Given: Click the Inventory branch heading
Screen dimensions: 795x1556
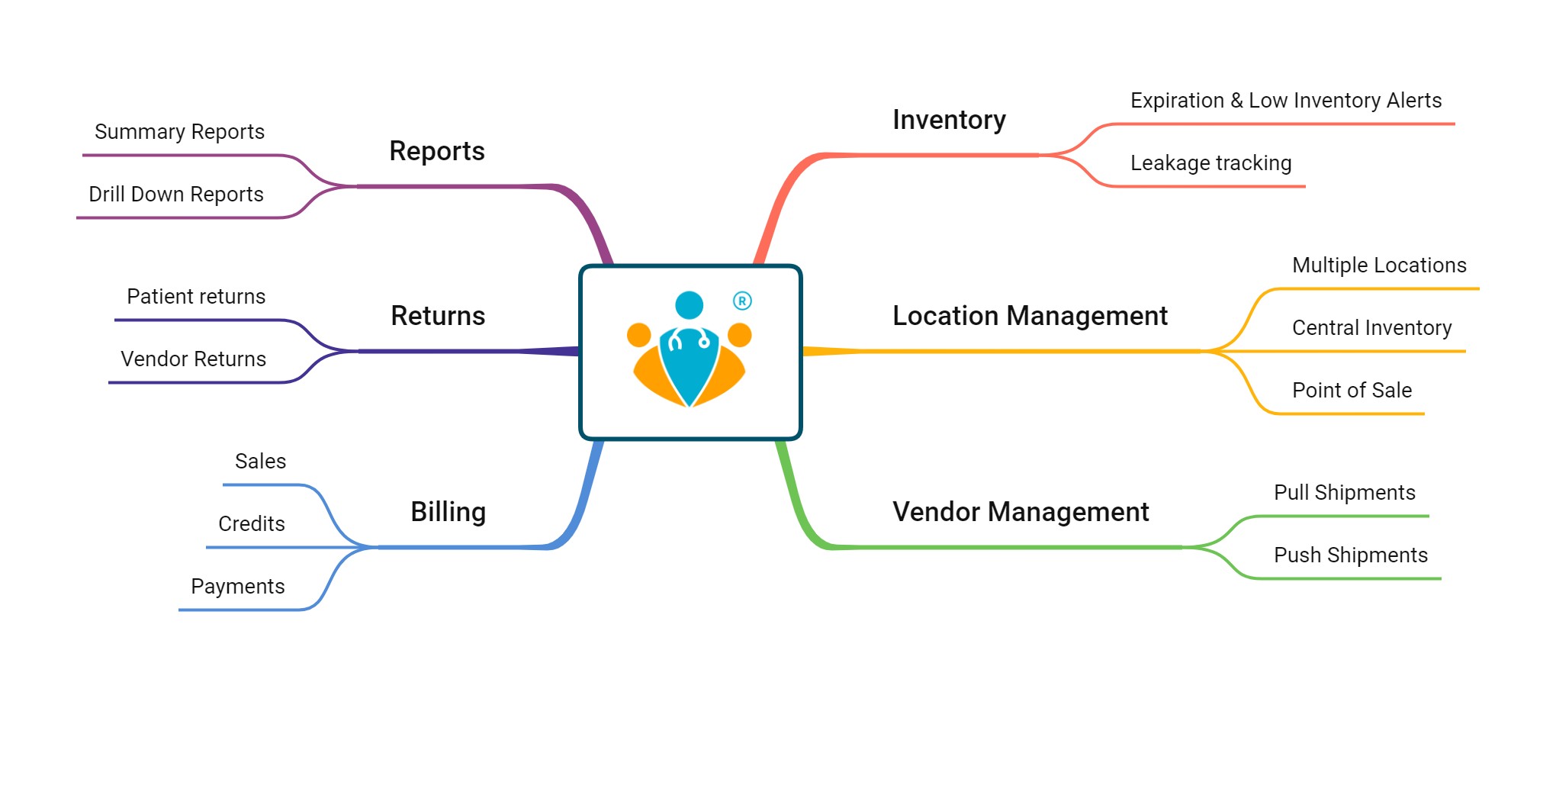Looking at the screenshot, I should pyautogui.click(x=949, y=120).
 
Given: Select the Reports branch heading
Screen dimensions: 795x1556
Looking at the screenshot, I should pyautogui.click(x=437, y=151).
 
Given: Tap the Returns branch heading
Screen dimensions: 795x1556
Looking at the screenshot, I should pyautogui.click(x=438, y=316).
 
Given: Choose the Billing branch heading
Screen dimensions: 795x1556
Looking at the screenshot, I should pyautogui.click(x=448, y=512).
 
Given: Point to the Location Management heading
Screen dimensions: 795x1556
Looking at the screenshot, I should pyautogui.click(x=1030, y=316).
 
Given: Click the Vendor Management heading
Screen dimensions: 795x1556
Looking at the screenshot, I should pyautogui.click(x=1021, y=512).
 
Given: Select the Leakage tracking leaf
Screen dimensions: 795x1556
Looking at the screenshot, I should pyautogui.click(x=1210, y=163).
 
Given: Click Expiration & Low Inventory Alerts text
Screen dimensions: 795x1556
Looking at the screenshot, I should pyautogui.click(x=1286, y=101).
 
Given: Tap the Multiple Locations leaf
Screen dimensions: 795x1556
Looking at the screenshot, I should pyautogui.click(x=1379, y=266).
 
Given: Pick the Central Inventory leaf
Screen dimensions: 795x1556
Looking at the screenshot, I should pyautogui.click(x=1371, y=328).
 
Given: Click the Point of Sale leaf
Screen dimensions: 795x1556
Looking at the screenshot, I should pyautogui.click(x=1352, y=391).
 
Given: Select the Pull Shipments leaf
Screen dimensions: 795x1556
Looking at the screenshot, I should pyautogui.click(x=1344, y=493).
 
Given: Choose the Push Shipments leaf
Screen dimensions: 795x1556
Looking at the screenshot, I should pyautogui.click(x=1350, y=555).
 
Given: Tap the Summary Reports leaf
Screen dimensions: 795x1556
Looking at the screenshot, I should pyautogui.click(x=179, y=132).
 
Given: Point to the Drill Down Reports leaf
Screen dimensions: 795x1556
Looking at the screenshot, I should pyautogui.click(x=175, y=195).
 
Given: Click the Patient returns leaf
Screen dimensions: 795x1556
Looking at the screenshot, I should pyautogui.click(x=196, y=297).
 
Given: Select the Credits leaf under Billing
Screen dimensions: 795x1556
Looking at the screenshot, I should pyautogui.click(x=251, y=524).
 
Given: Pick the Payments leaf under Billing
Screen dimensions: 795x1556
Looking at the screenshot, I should pyautogui.click(x=237, y=587).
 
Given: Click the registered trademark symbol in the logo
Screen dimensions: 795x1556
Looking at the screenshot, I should pyautogui.click(x=742, y=301).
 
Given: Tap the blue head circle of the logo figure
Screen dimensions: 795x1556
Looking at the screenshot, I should pyautogui.click(x=689, y=305).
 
